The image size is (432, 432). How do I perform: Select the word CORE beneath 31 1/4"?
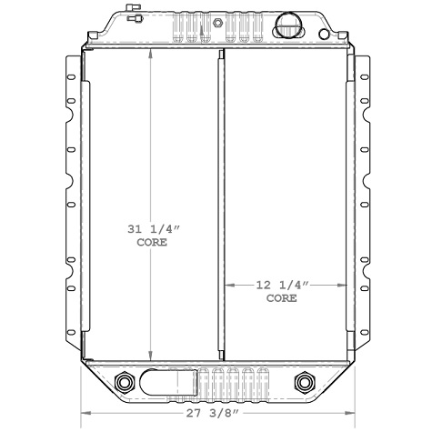pyautogui.click(x=152, y=243)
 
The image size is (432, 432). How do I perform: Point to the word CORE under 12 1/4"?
pyautogui.click(x=282, y=297)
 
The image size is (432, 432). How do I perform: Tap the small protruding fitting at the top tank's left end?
pyautogui.click(x=134, y=15)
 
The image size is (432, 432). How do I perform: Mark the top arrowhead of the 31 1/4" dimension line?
pyautogui.click(x=152, y=52)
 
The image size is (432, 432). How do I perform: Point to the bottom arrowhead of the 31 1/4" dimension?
pyautogui.click(x=152, y=356)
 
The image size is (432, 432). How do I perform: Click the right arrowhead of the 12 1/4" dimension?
pyautogui.click(x=345, y=285)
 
